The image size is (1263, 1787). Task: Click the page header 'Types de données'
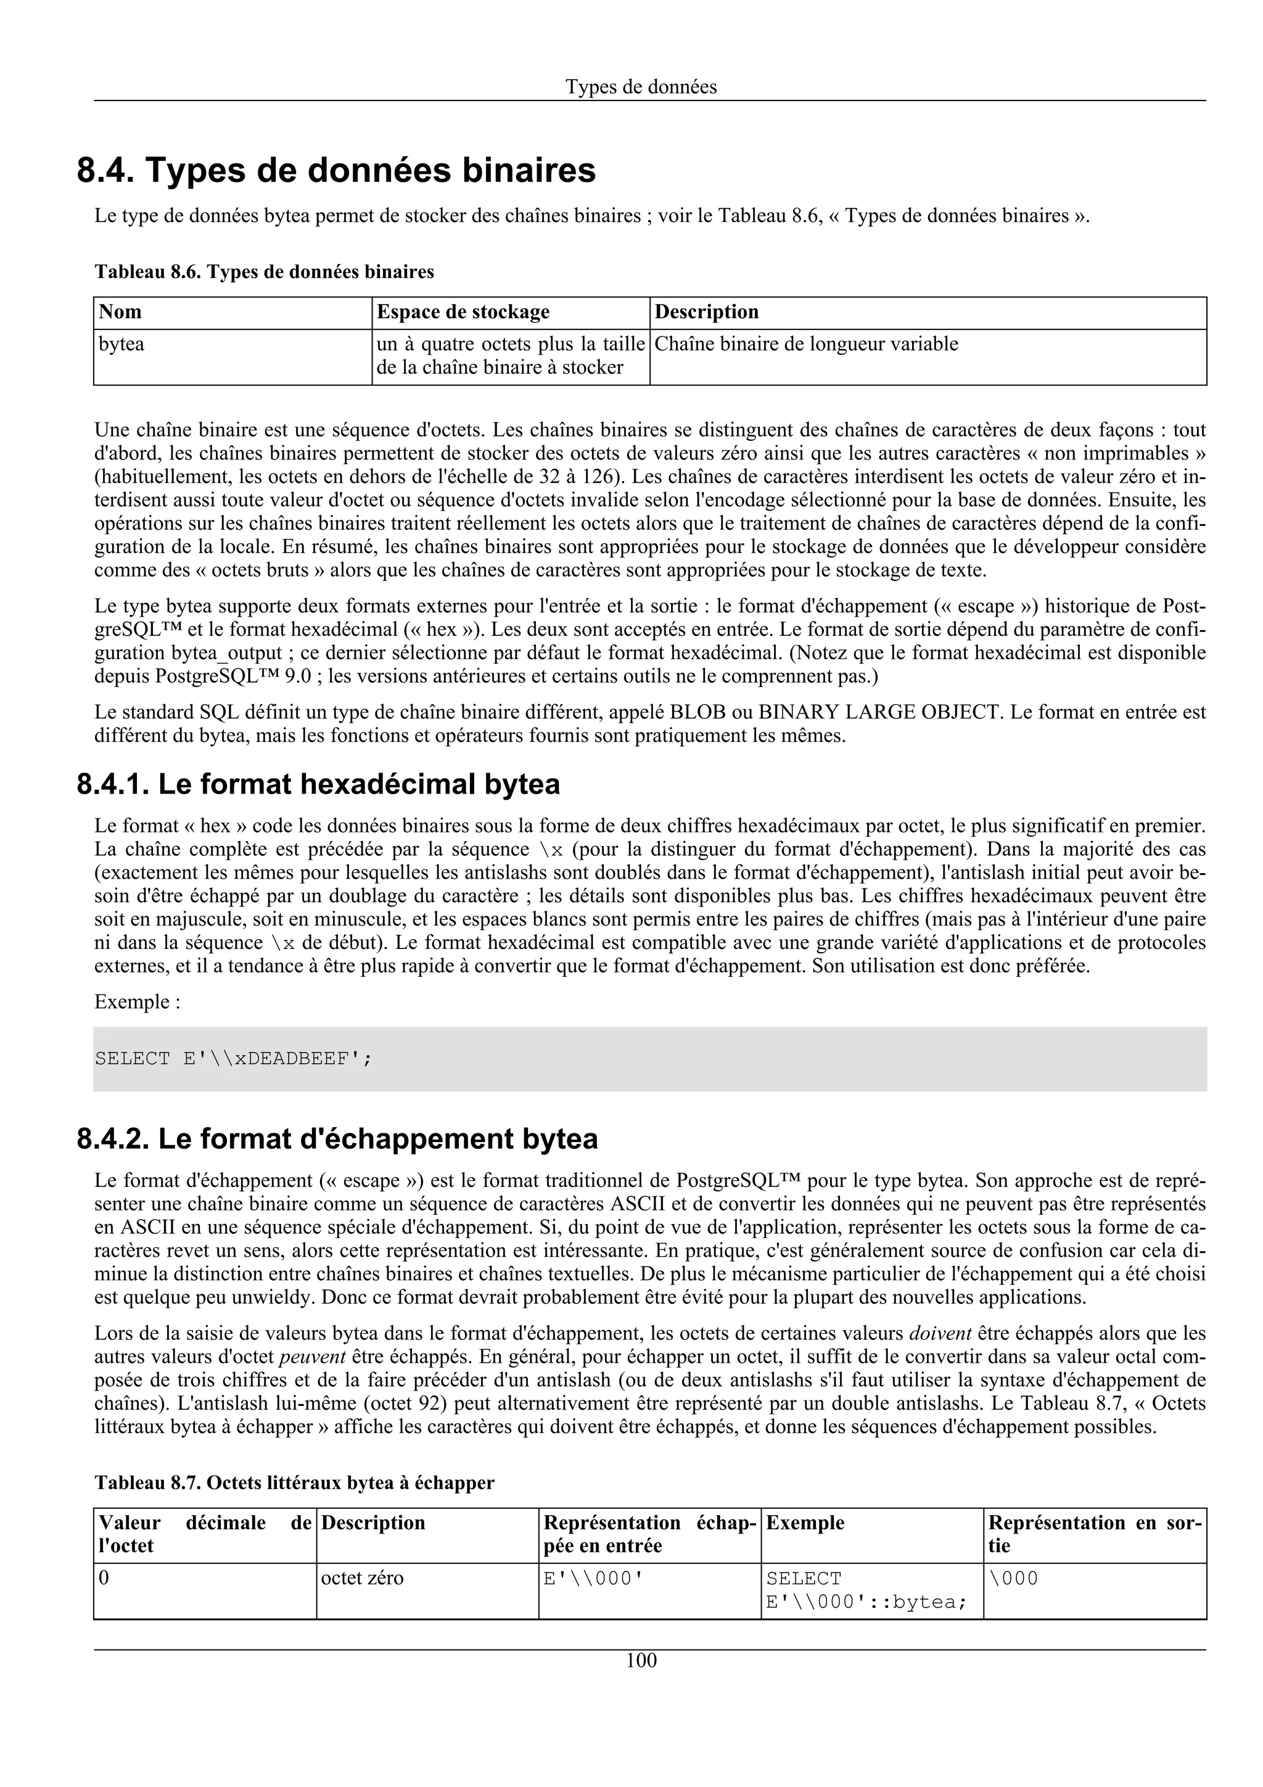pyautogui.click(x=641, y=87)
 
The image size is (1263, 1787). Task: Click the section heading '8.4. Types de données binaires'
pyautogui.click(x=336, y=170)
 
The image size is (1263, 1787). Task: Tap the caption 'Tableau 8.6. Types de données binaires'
pyautogui.click(x=264, y=272)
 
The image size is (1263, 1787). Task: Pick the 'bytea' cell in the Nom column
pyautogui.click(x=121, y=344)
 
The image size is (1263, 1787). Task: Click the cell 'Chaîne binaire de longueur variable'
pyautogui.click(x=806, y=344)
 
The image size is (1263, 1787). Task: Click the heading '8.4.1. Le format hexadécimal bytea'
pyautogui.click(x=318, y=784)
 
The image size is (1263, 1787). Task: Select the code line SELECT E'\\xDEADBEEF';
pyautogui.click(x=234, y=1059)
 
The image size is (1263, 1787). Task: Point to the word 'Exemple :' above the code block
pyautogui.click(x=137, y=1001)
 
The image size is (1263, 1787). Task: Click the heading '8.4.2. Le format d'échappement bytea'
pyautogui.click(x=337, y=1139)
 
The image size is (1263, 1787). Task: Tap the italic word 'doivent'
pyautogui.click(x=940, y=1333)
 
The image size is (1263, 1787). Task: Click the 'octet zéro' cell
pyautogui.click(x=362, y=1579)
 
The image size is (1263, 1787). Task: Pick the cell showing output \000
pyautogui.click(x=1013, y=1579)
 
